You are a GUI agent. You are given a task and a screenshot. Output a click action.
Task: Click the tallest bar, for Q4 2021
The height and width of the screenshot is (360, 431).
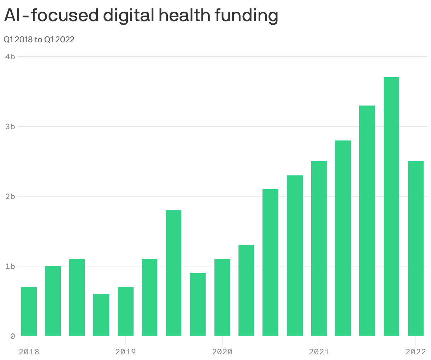pos(391,206)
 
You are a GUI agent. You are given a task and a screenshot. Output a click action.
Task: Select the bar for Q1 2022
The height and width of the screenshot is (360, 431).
pos(415,248)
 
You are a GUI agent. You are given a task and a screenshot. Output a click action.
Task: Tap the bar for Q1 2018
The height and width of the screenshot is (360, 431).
pos(29,311)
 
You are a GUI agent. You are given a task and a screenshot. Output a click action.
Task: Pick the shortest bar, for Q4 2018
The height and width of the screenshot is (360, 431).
pos(101,315)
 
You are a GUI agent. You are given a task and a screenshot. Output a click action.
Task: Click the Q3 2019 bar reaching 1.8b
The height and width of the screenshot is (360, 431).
pos(173,273)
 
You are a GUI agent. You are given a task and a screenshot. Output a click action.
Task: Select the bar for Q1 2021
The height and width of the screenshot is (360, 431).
pos(319,248)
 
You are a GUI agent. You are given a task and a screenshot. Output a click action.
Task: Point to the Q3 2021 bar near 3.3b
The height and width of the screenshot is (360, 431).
pos(367,221)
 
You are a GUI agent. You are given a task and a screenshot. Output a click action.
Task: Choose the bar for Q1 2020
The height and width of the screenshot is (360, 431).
pos(222,297)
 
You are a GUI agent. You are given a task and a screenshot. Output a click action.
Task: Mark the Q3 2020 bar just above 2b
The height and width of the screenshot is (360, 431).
pos(271,262)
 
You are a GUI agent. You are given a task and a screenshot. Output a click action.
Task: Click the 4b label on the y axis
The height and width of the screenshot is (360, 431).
pos(10,56)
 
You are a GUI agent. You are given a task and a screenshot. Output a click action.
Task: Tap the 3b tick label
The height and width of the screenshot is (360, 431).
pos(10,126)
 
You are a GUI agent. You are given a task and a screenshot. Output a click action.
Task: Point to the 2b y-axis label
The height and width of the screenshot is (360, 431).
pos(10,196)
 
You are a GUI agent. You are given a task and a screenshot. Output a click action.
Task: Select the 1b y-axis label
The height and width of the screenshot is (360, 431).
pos(10,266)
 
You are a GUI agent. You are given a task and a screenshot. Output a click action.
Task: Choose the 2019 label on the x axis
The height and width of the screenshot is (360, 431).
pos(125,352)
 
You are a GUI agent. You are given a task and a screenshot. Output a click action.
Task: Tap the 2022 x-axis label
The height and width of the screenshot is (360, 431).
pos(415,352)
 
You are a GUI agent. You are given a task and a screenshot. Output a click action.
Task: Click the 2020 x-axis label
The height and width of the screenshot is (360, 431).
pos(222,352)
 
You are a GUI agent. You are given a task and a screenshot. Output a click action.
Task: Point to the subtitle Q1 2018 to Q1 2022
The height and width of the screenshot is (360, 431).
pos(39,40)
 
